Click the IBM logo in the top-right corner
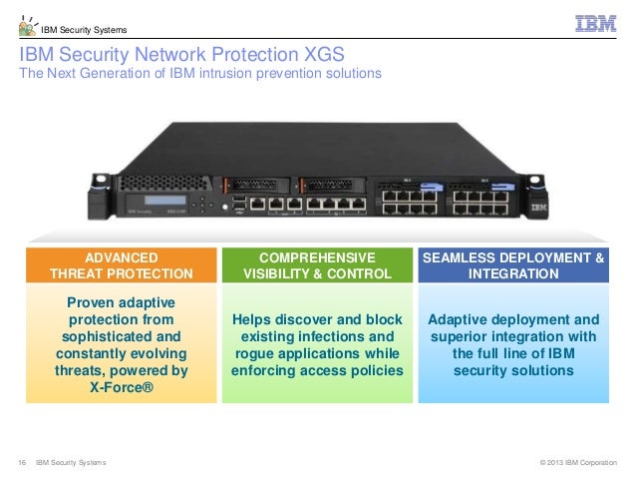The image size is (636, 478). click(595, 22)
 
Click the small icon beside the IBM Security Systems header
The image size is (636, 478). click(27, 26)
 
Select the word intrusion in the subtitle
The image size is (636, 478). click(231, 74)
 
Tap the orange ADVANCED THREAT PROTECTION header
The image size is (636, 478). click(122, 264)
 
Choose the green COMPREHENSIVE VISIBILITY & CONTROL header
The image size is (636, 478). click(317, 264)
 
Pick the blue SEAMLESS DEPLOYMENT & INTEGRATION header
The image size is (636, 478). click(513, 264)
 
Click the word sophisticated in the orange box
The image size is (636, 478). click(122, 336)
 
